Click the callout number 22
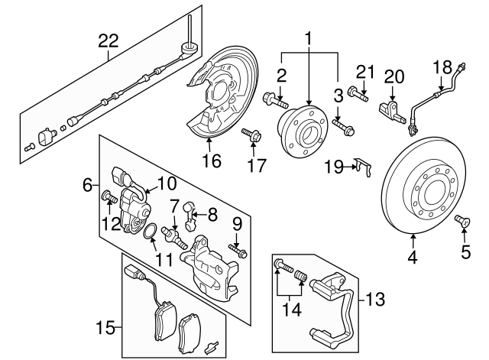(109, 41)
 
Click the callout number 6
(88, 185)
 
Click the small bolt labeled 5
(461, 222)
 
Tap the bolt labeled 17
(251, 138)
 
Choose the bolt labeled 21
(358, 96)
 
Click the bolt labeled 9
(238, 251)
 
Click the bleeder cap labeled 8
(190, 223)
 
